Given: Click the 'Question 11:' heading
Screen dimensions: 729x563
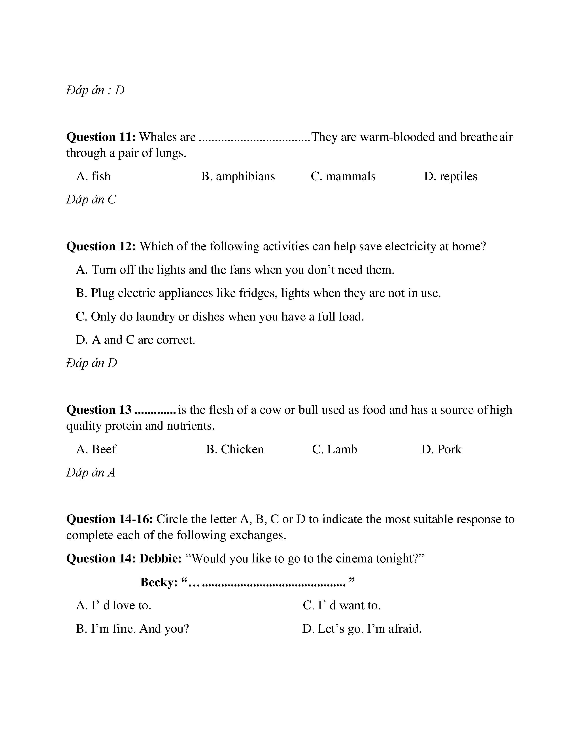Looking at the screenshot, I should pos(101,137).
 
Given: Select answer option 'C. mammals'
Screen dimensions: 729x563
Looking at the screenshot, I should pos(343,176).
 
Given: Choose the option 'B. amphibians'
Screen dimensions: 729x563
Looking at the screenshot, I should pos(238,176).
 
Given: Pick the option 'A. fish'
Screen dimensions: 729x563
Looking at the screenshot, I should pos(93,176).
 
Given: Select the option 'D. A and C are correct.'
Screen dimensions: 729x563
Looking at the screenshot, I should pos(135,340).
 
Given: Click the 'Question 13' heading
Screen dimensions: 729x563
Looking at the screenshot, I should pos(99,410).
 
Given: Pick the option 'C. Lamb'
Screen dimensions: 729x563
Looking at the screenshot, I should pos(334,449).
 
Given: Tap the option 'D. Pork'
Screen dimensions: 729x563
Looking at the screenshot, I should pos(441,449).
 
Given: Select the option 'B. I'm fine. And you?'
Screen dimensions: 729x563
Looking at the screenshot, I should pos(132,629).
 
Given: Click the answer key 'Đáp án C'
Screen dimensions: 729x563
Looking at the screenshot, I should pos(91,200).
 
